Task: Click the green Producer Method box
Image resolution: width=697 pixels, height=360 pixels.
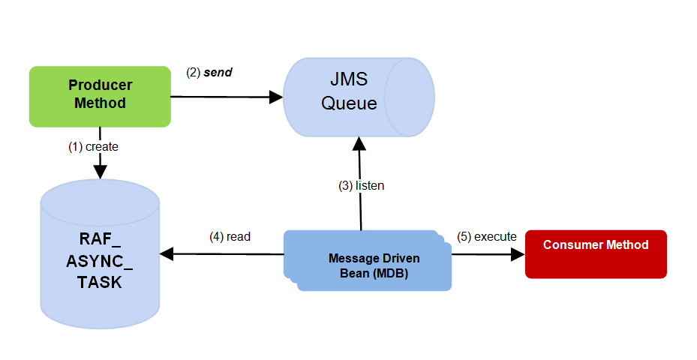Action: tap(100, 95)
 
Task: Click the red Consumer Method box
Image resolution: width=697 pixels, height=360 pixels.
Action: tap(596, 253)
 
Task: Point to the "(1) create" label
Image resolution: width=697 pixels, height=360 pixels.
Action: tap(93, 147)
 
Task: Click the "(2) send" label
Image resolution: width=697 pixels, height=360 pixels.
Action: tap(209, 73)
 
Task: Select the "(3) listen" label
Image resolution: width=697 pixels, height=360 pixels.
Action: tap(361, 185)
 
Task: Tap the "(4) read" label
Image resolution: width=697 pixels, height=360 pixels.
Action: tap(230, 236)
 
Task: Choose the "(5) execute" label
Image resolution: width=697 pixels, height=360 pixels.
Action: tap(487, 236)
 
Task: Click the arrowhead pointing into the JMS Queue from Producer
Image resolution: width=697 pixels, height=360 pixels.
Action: tap(275, 97)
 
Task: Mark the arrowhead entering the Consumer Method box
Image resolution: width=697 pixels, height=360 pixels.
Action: tap(518, 254)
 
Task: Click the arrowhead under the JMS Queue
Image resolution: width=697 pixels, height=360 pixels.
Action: tap(359, 142)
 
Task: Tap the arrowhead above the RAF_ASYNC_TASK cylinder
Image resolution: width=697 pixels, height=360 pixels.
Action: tap(100, 172)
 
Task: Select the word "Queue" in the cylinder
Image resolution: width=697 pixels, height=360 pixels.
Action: tap(350, 103)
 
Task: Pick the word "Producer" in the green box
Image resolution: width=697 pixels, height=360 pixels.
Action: tap(101, 85)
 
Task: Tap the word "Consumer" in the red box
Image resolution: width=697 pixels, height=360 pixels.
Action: tap(572, 245)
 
